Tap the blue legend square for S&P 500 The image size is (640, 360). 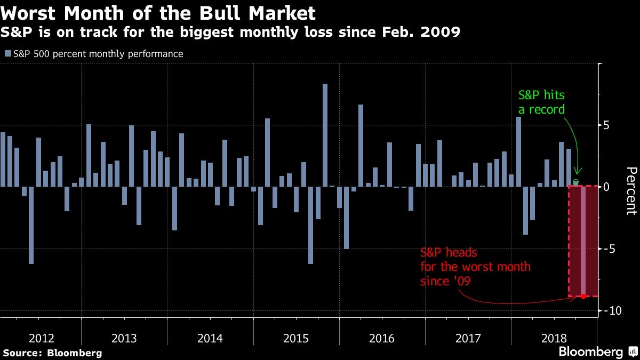[x=7, y=54]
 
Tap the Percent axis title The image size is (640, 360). [x=630, y=190]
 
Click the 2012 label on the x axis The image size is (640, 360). [x=41, y=338]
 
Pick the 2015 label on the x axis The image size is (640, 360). [x=297, y=338]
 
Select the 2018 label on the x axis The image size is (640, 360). [x=554, y=338]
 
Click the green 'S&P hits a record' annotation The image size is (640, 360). [x=541, y=102]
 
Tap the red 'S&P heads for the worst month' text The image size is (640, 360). [x=475, y=266]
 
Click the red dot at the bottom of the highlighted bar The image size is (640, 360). [x=583, y=297]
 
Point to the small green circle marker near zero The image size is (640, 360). [x=576, y=182]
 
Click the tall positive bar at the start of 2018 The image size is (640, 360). [x=518, y=151]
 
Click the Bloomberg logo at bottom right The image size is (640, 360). [x=590, y=352]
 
